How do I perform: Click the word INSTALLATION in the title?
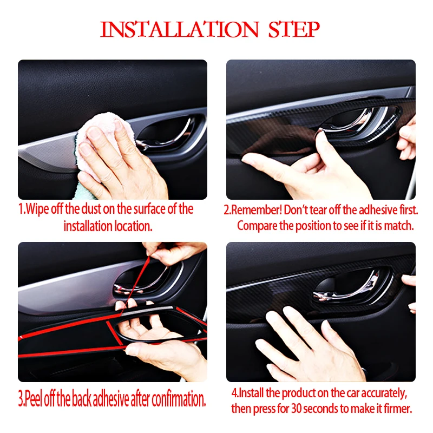pyautogui.click(x=180, y=30)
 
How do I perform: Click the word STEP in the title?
pyautogui.click(x=294, y=30)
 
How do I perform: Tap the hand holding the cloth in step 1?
pyautogui.click(x=121, y=160)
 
